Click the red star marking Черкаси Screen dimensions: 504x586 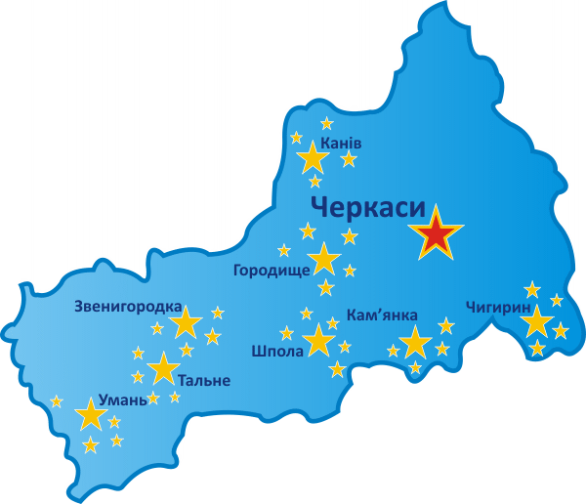[x=438, y=234]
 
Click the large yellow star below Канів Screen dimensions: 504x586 [x=314, y=158]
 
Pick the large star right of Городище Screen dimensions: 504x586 [x=323, y=260]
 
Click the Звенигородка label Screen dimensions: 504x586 [x=128, y=306]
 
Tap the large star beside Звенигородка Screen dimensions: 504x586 [x=185, y=322]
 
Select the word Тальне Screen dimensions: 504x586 [x=204, y=380]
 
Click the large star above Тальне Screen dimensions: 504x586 [x=163, y=368]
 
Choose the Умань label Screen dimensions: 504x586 [x=123, y=400]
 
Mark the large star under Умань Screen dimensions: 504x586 [x=91, y=415]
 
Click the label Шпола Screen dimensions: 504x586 [x=277, y=352]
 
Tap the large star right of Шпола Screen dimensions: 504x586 [x=318, y=341]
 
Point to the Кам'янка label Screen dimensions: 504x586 [x=383, y=315]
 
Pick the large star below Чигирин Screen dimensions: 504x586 [x=537, y=321]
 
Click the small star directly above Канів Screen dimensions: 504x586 [x=326, y=123]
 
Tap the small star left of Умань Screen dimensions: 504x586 [x=57, y=400]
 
